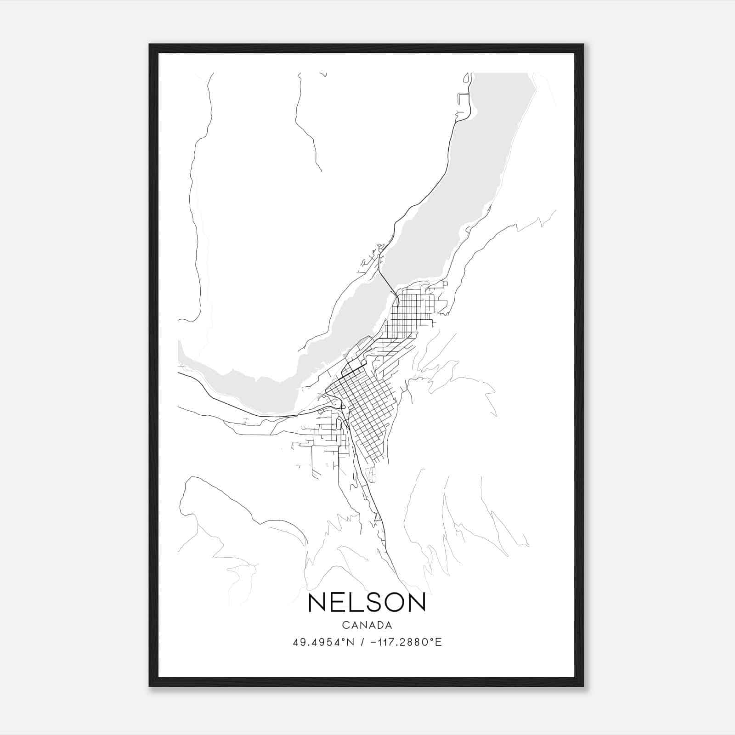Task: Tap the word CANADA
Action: tap(367, 625)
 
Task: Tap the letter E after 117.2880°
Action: tap(439, 642)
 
